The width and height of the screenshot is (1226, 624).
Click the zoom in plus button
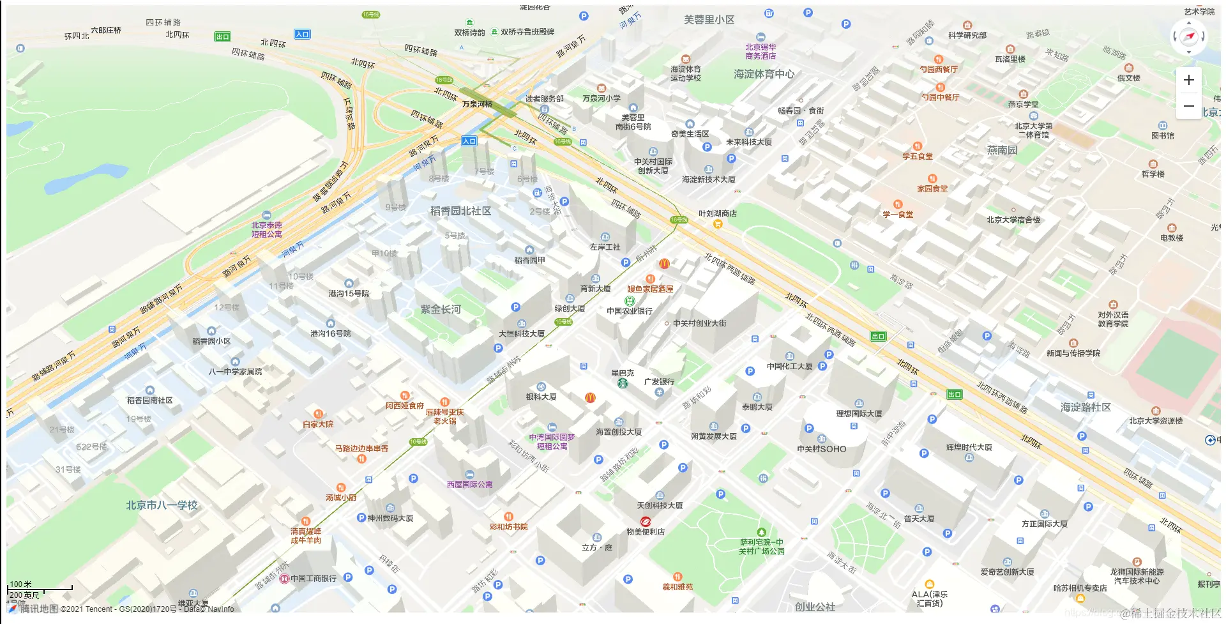[1188, 80]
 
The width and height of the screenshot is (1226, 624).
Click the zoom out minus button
[1188, 105]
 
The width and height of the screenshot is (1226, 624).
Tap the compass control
[1188, 36]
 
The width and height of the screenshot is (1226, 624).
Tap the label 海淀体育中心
[764, 74]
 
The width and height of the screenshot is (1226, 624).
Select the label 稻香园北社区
[460, 211]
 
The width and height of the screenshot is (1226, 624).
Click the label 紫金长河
[441, 309]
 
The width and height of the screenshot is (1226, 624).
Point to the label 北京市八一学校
[162, 505]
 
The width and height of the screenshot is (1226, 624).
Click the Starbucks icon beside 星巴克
[622, 383]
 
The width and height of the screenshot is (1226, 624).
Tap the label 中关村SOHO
[821, 449]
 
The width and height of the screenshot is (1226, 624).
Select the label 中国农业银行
[630, 311]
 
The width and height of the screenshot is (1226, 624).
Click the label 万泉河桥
[477, 104]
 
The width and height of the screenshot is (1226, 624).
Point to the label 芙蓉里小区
[709, 20]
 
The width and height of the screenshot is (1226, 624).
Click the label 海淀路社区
[1086, 407]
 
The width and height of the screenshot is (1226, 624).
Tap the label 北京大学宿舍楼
[1013, 220]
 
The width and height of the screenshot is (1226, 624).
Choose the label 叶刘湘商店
[717, 213]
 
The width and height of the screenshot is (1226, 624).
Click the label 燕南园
[1002, 150]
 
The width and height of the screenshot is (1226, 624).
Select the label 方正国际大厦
[1044, 524]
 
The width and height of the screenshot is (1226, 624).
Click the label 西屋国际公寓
[469, 485]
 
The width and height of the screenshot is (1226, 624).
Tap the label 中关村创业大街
[699, 323]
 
